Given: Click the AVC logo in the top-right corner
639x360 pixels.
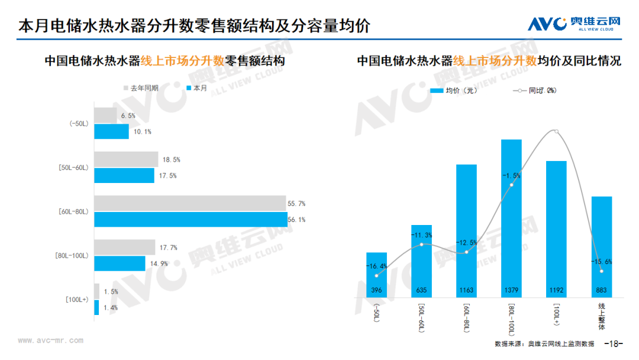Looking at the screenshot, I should [x=574, y=24].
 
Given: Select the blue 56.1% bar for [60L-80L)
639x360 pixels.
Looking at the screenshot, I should [x=191, y=220].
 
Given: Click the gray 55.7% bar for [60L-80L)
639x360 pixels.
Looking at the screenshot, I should [x=190, y=204].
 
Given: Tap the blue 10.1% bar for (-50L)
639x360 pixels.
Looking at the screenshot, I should [x=111, y=131].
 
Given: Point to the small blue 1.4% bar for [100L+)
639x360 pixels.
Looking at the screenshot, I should [x=96, y=307].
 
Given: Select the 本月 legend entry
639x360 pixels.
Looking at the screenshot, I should [x=196, y=88].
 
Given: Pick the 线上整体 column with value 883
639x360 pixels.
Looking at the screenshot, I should [x=602, y=246].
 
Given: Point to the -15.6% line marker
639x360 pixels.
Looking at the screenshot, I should [x=602, y=271].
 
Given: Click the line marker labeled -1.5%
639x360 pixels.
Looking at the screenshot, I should [x=511, y=185].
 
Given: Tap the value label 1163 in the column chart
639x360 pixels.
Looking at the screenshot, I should [x=466, y=291].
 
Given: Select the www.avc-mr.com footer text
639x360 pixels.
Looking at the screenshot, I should [x=51, y=340].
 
